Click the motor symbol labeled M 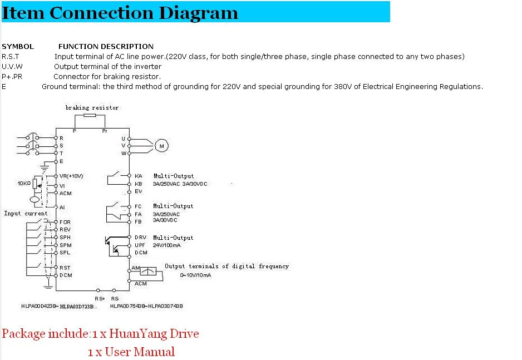pos(162,146)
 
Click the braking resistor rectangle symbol pos(89,116)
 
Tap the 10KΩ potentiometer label pos(23,183)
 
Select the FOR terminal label pos(65,221)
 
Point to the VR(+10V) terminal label pos(71,176)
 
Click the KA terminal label pos(139,176)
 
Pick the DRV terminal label pos(140,238)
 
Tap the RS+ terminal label pos(100,299)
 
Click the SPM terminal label pos(65,245)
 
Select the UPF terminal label pos(140,245)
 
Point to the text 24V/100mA pos(166,245)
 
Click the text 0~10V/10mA pos(195,275)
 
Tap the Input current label pos(26,213)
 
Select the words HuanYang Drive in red pos(154,334)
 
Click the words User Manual pos(139,352)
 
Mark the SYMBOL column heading pos(18,47)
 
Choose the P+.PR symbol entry pos(12,77)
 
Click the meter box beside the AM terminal pos(149,271)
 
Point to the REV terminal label pos(65,229)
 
